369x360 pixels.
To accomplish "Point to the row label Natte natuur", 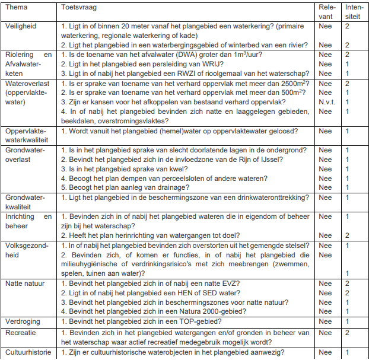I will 25,283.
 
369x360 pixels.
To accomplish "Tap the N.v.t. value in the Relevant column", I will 326,101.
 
